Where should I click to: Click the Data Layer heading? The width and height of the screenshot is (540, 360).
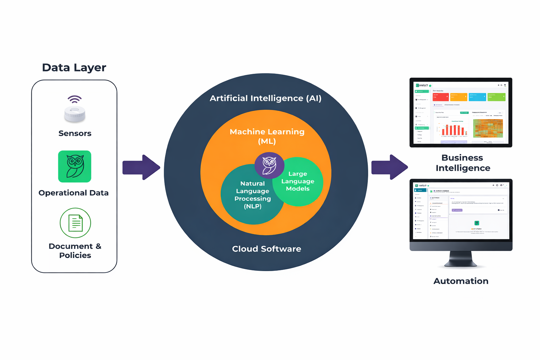tap(74, 67)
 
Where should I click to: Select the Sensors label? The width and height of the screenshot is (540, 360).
tap(75, 133)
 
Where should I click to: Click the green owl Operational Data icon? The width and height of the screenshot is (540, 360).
tap(75, 166)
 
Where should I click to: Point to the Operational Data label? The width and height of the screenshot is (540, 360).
tap(73, 193)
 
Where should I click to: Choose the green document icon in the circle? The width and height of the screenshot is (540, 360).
tap(75, 223)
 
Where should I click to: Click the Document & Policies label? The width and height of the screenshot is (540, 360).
tap(75, 251)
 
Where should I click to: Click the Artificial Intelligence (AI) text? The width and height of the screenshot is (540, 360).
tap(265, 98)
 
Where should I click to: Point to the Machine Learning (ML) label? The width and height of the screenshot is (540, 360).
tap(267, 136)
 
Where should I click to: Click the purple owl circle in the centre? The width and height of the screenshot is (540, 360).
tap(269, 165)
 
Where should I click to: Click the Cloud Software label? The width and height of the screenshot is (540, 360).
tap(266, 249)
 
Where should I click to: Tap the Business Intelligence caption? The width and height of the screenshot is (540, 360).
tap(463, 163)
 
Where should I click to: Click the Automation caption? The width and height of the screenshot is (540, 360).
tap(461, 281)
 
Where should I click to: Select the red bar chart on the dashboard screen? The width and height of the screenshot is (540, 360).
tap(454, 130)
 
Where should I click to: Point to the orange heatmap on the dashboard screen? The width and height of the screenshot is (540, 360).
tap(488, 128)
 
